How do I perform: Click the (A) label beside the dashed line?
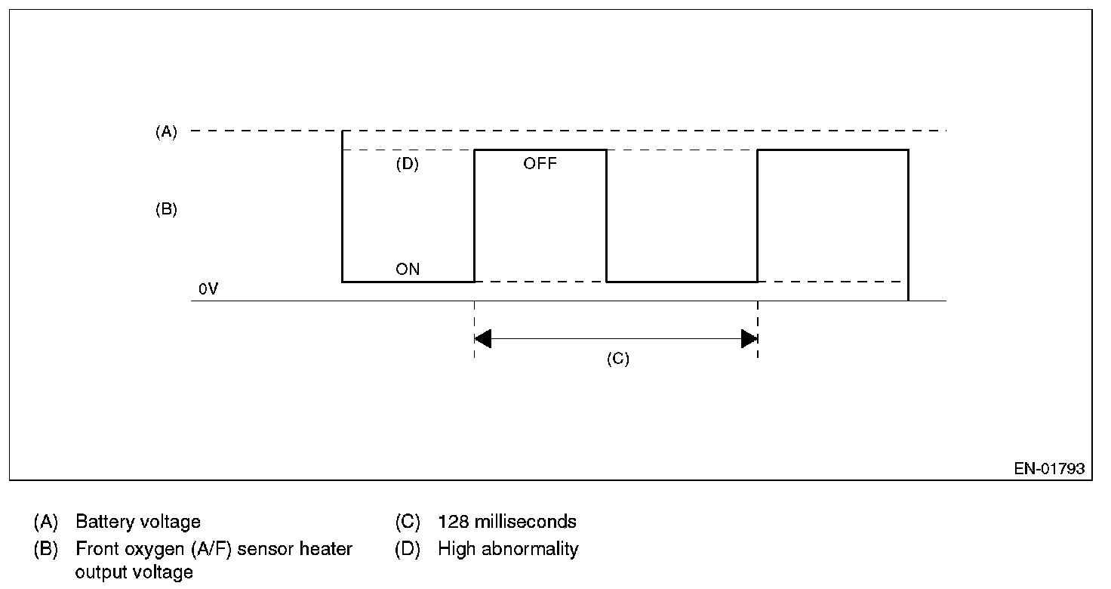click(166, 132)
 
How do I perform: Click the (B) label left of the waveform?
click(166, 210)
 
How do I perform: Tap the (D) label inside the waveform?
click(407, 165)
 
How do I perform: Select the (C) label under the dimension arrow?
click(617, 359)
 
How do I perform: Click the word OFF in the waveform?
click(540, 163)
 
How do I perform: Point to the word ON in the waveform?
click(408, 270)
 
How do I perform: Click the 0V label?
click(208, 289)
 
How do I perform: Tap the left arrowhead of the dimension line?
click(483, 339)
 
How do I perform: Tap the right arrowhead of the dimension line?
click(749, 339)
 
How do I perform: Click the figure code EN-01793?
click(1048, 469)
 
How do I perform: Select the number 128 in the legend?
click(453, 522)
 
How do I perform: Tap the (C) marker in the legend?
click(408, 522)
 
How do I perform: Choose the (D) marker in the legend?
click(408, 549)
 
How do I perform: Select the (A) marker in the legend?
click(45, 522)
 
